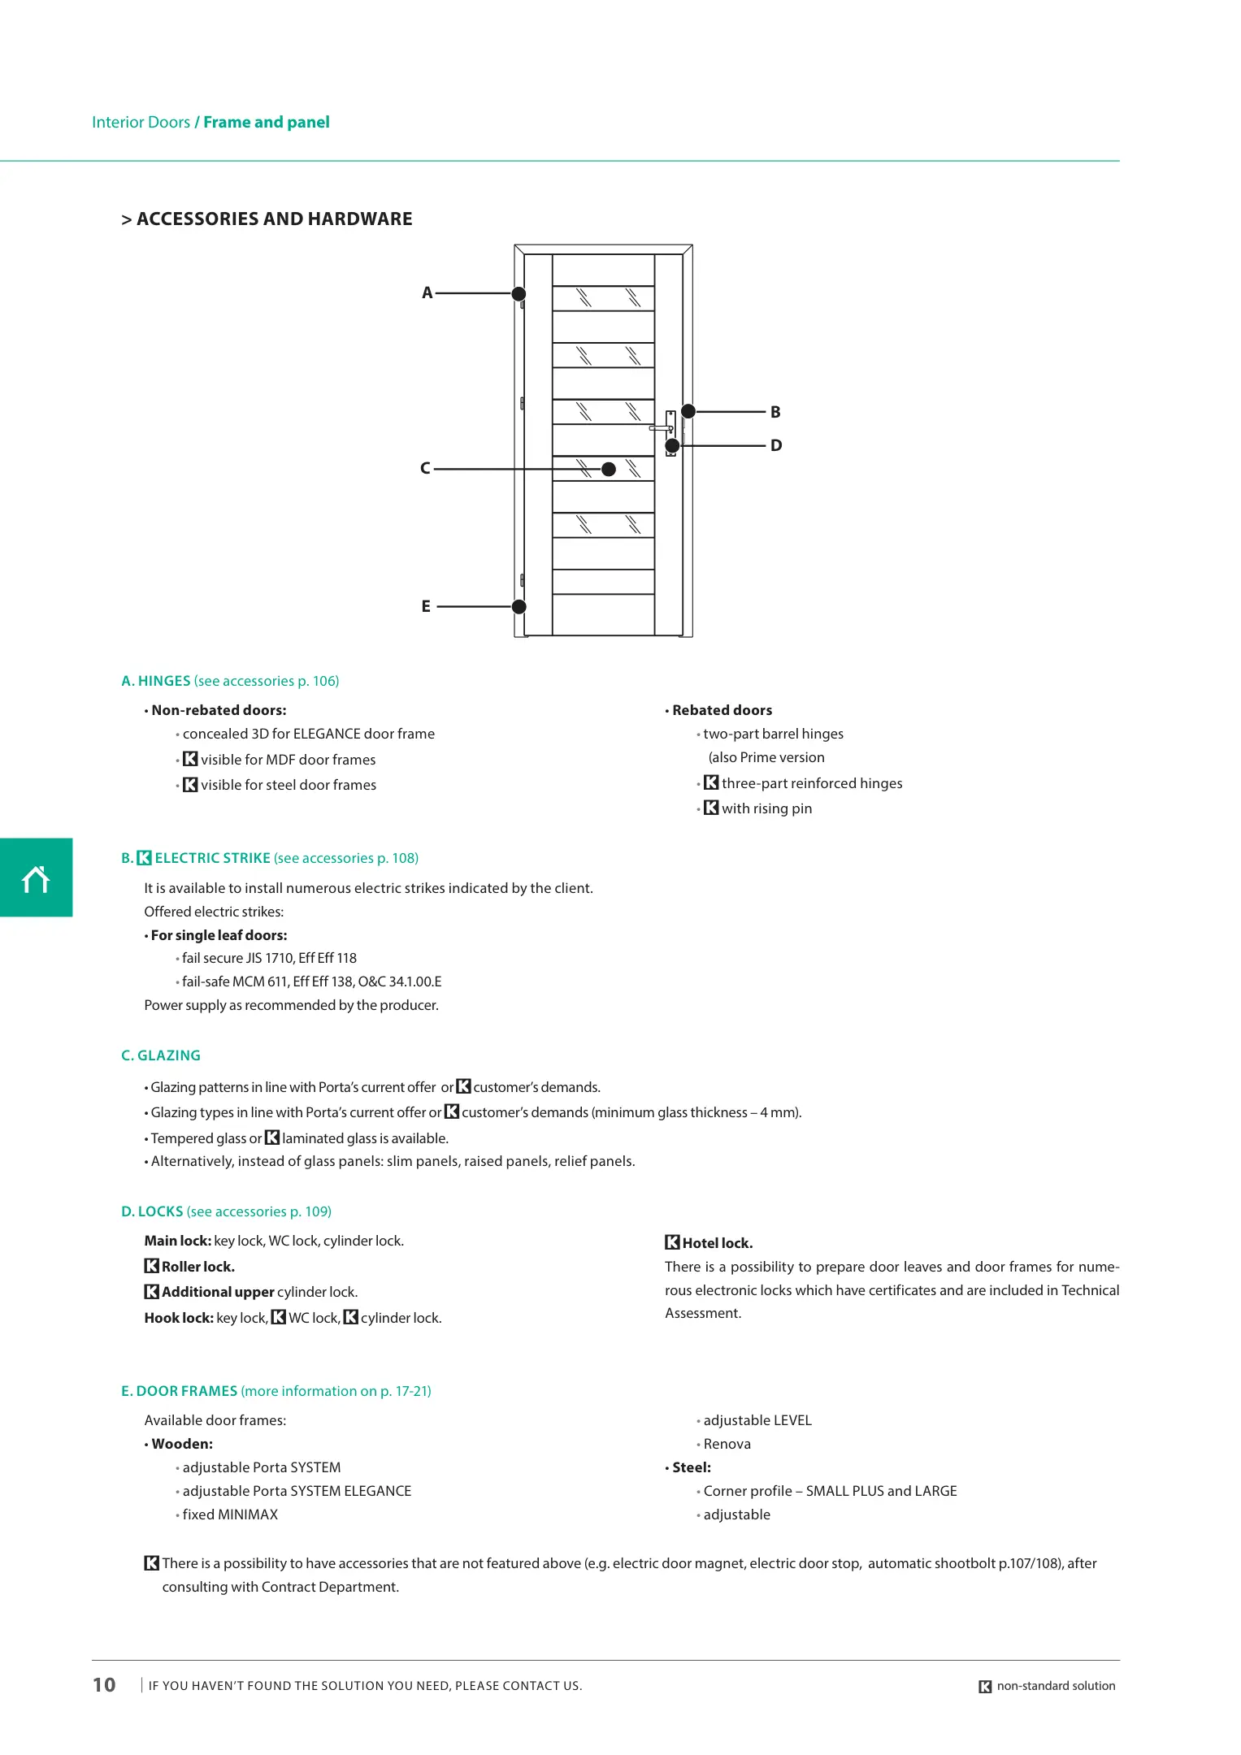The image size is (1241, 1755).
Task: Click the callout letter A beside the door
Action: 427,293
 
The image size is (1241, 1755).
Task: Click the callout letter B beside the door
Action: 775,413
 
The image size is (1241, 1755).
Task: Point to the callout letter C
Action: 425,469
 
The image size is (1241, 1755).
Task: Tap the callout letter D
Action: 776,446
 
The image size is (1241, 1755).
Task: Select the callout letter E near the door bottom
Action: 426,607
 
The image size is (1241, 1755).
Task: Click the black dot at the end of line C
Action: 609,469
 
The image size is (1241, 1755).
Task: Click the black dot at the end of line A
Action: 519,293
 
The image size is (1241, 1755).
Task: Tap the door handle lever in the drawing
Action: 660,427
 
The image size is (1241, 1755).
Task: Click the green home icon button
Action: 36,877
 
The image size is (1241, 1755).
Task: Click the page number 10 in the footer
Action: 104,1685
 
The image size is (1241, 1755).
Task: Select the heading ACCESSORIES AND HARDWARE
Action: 274,219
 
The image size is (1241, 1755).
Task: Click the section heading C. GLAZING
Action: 161,1055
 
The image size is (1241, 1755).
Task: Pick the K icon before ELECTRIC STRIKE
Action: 145,858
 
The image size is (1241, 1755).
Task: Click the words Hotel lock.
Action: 718,1243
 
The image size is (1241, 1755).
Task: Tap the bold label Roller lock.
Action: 197,1267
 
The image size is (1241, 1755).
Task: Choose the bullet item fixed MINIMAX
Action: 230,1514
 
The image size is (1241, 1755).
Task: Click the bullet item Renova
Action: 727,1444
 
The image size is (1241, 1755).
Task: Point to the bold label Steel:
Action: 691,1467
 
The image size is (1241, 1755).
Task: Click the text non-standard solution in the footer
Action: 1056,1686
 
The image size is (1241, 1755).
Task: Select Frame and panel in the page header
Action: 267,123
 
